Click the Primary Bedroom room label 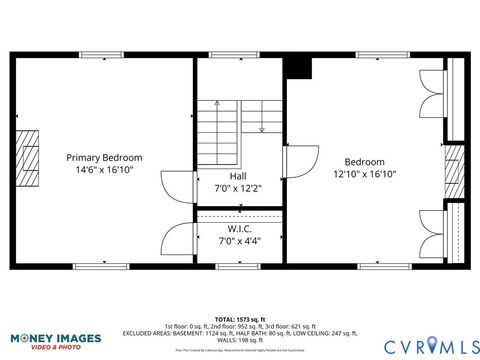104,157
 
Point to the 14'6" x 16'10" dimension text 104,170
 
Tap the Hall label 237,175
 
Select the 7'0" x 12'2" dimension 237,187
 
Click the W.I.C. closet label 237,229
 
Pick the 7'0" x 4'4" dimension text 237,241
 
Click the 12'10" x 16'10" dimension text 365,174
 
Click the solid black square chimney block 297,67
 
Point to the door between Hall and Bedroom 297,161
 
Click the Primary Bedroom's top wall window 102,55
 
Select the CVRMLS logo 412,344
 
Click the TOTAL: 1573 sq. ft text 240,319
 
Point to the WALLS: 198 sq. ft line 240,338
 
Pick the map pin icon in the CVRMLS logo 433,345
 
